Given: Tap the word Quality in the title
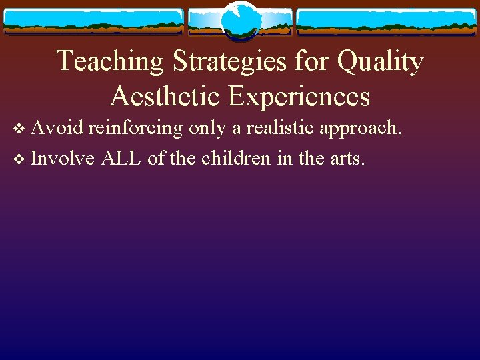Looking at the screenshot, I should (x=380, y=62).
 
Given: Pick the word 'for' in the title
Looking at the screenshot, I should (x=317, y=62).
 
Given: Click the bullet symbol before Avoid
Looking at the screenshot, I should (x=18, y=128).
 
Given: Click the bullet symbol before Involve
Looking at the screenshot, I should (x=18, y=159).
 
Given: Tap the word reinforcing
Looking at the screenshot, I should (x=137, y=127).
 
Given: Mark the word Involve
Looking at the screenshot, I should (x=63, y=158).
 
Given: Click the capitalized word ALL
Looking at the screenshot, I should (x=123, y=158).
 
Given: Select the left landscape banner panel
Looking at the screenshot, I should (x=93, y=21).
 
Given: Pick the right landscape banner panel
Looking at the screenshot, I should (x=386, y=21).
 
